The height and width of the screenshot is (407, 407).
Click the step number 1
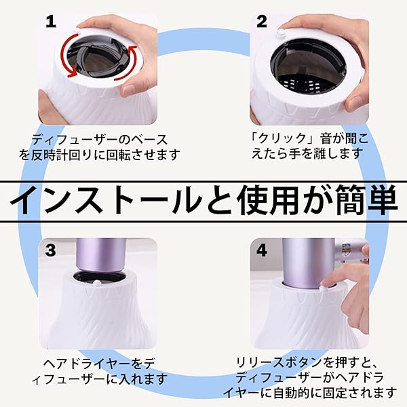[x=51, y=22]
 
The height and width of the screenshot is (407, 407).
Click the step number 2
[x=262, y=22]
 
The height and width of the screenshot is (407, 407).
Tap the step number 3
[x=50, y=250]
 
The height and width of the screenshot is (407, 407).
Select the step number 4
[x=262, y=250]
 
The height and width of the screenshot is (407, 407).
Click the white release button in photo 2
[x=281, y=33]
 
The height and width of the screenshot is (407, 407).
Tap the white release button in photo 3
[x=97, y=283]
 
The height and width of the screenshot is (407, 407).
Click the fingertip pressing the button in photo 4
[x=326, y=283]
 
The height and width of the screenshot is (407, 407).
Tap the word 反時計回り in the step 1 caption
[x=58, y=155]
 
